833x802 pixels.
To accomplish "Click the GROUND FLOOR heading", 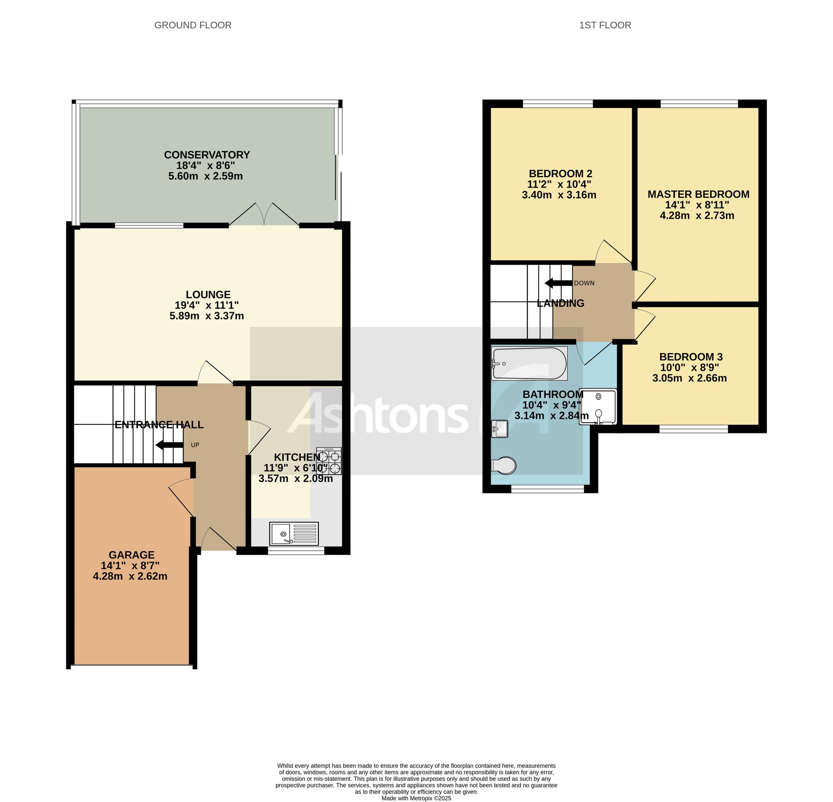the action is pos(192,25).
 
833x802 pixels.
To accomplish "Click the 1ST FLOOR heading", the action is pos(605,25).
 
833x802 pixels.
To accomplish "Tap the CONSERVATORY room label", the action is pos(207,155).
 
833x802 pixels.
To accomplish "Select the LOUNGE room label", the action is pos(208,294).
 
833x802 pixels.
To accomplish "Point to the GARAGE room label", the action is pos(131,554).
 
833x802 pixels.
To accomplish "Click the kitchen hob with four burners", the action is pos(329,461).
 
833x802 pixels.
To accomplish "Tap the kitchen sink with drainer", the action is pos(294,533).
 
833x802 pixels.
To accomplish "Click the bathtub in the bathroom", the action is pos(529,363).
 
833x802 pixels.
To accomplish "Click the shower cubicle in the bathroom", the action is pos(598,406).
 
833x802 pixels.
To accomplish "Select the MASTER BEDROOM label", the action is pos(698,194).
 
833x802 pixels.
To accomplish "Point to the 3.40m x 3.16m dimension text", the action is pos(559,195).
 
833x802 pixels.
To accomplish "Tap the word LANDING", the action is pos(561,303).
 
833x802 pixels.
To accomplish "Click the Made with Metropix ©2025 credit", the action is pos(416,798).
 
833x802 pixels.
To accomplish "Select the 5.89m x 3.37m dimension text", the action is pos(207,316).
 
